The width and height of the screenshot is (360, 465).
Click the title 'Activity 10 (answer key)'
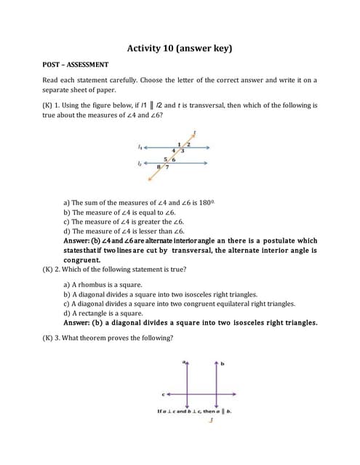(180, 49)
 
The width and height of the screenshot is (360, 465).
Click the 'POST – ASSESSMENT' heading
(76, 65)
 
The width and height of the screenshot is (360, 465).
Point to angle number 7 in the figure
(168, 167)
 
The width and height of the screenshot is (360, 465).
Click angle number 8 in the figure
(159, 166)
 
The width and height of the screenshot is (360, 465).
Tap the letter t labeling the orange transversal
(194, 134)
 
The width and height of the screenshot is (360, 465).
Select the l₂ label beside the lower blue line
(140, 163)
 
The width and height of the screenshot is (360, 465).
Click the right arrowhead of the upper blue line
(209, 149)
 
